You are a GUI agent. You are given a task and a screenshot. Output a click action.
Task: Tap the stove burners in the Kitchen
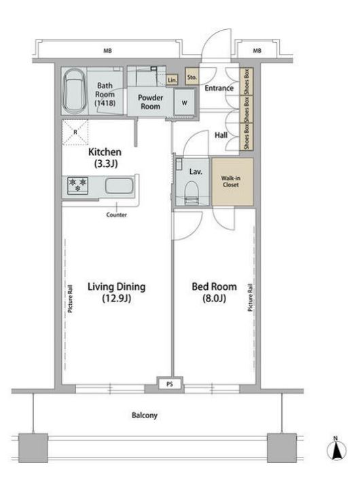coord(77,185)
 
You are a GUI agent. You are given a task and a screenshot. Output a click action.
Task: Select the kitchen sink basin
coord(119,186)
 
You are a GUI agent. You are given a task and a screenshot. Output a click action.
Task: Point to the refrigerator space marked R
coord(75,132)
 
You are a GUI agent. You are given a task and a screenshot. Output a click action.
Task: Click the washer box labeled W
coord(184,103)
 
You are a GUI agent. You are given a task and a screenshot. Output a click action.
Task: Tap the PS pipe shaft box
coord(170,384)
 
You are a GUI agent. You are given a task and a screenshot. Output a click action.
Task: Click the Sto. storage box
coord(192,77)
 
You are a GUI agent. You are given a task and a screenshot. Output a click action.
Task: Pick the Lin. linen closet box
coord(172,80)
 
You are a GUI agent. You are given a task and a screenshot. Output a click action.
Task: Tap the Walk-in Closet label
coord(231,181)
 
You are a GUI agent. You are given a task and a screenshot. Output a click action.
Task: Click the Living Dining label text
coord(117,286)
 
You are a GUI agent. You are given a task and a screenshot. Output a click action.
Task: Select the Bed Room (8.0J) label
coord(214,292)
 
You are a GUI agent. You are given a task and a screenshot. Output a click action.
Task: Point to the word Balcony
coord(145,415)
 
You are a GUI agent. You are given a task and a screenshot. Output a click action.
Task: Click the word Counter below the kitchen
coord(116,215)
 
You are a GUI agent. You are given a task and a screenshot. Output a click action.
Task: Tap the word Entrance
coord(219,88)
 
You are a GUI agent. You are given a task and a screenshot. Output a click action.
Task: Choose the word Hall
coord(221,135)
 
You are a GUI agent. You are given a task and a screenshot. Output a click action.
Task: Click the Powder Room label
coord(150,102)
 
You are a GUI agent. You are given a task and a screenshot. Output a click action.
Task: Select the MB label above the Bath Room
coord(107,51)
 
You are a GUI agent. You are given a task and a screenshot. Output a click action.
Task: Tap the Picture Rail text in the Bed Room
coord(250,297)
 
